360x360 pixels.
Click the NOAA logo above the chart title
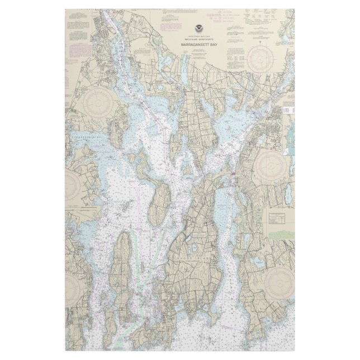point(200,29)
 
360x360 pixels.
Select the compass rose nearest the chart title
point(258,58)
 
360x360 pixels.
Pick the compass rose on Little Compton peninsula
point(278,282)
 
